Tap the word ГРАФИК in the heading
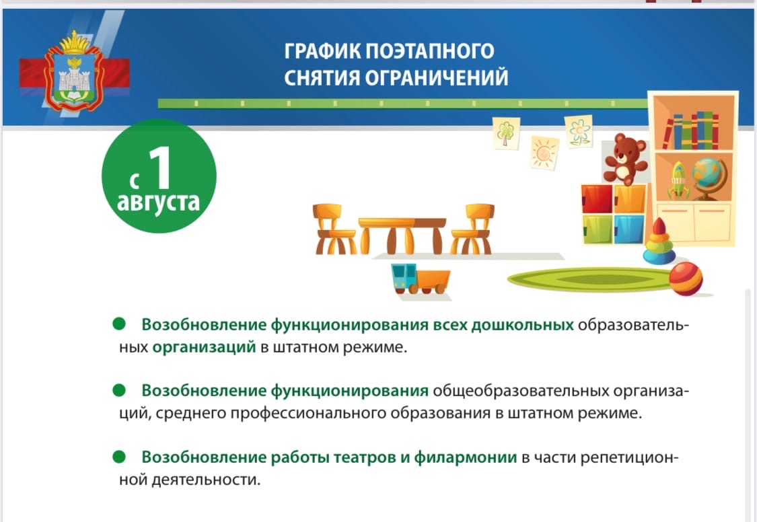coord(322,51)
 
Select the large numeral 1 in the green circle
coord(160,167)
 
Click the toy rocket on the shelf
coord(678,180)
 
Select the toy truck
coord(421,278)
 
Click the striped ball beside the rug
coord(686,278)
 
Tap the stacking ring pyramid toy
coord(659,241)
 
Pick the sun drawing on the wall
coord(544,153)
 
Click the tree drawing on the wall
coord(506,133)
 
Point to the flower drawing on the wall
coord(579,131)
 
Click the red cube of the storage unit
coord(598,198)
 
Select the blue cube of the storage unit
coord(629,229)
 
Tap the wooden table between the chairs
coord(402,235)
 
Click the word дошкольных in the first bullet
coord(522,325)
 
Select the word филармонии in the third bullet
coord(466,457)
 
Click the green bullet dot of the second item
coord(118,389)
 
